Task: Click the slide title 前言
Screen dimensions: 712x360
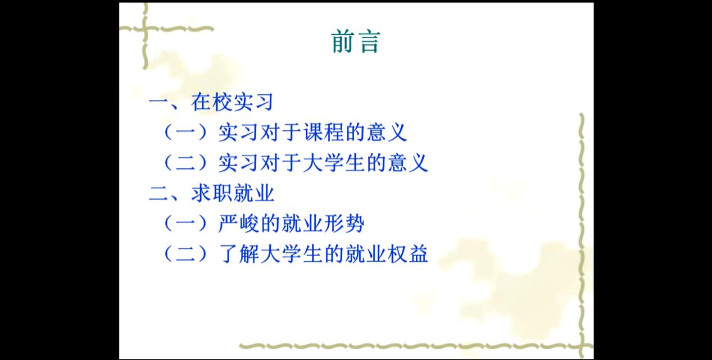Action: [356, 42]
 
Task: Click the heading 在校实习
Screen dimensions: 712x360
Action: [232, 102]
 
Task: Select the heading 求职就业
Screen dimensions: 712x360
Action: [233, 193]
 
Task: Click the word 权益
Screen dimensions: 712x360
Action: [408, 254]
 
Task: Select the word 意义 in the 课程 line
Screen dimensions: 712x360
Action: [387, 132]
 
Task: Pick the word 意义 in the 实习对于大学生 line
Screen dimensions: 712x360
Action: [408, 163]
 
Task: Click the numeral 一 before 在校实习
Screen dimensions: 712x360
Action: [158, 102]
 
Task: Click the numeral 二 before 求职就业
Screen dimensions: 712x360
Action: [158, 194]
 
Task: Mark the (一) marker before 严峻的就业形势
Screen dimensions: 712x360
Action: [185, 224]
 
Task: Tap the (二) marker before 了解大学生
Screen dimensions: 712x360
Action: [185, 254]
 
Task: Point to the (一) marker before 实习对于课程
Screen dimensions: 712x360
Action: [185, 132]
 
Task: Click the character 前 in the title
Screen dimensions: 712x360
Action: [343, 42]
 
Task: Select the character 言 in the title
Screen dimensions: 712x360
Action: [369, 42]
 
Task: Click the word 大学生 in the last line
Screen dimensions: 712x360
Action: [292, 254]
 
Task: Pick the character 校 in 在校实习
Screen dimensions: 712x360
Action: [222, 102]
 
